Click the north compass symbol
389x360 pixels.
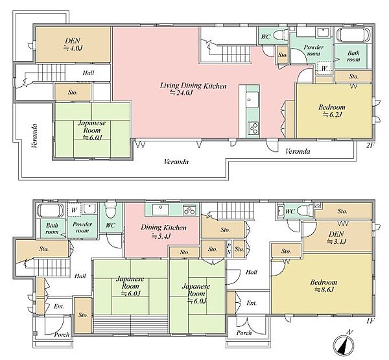click(344, 344)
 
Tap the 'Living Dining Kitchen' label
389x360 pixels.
click(193, 86)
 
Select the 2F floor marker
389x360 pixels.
click(370, 145)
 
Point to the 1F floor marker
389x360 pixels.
click(370, 321)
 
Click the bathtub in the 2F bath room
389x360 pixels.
click(353, 35)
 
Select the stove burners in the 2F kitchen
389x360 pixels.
click(253, 128)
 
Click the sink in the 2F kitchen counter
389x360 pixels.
click(253, 100)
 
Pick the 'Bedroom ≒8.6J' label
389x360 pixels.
click(324, 286)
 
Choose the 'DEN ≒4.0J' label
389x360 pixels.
click(73, 44)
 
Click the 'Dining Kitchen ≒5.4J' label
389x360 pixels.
click(163, 232)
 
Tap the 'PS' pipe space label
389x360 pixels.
click(229, 249)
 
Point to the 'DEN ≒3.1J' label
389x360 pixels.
click(336, 237)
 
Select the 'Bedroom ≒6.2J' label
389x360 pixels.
click(332, 111)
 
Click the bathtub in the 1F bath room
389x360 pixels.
click(50, 211)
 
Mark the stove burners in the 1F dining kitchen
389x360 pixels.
click(190, 210)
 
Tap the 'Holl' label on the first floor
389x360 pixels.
click(252, 272)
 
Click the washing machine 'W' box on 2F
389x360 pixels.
click(324, 67)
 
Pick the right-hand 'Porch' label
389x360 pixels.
click(244, 333)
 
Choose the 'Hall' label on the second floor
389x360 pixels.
click(88, 73)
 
